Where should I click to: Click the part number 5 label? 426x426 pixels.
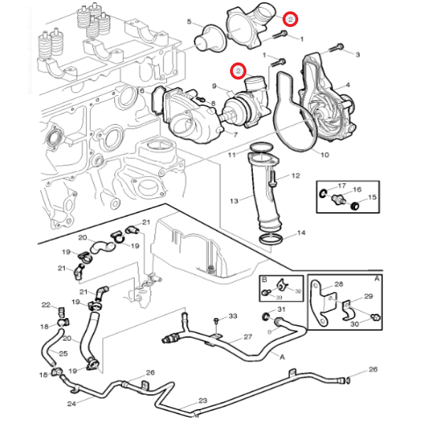190,22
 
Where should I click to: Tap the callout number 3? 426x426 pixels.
358,55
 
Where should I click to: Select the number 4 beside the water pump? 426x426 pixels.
348,85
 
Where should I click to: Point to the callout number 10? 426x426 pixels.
324,154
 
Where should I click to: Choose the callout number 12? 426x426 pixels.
296,175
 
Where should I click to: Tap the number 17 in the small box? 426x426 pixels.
342,186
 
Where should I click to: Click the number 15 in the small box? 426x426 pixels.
373,197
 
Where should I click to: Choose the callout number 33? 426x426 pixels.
233,315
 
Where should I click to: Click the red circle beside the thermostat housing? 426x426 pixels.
290,19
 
